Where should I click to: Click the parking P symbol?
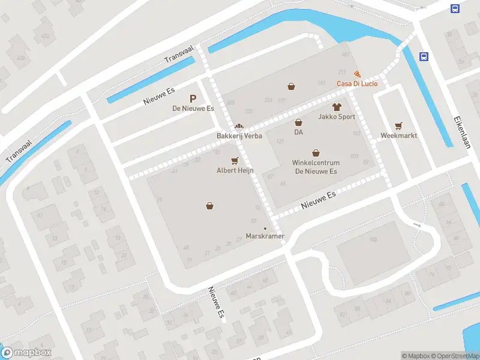coord(193,98)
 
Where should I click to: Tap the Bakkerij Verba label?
coord(239,136)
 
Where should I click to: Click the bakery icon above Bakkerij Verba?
coord(239,127)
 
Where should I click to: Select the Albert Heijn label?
coord(235,170)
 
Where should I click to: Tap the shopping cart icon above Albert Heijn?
coord(235,160)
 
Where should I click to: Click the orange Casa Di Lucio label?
coord(357,83)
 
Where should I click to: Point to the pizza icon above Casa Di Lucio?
coord(358,74)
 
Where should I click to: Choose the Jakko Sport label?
coord(337,117)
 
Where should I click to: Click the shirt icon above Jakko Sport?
coord(336,107)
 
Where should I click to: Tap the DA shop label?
coord(298,132)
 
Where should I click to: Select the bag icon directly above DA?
coord(298,122)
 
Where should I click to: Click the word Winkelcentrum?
coord(316,163)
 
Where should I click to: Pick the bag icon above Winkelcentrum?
coord(316,153)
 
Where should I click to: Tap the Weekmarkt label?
coord(398,136)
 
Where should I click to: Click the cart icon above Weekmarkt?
coord(398,125)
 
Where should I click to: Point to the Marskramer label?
coord(265,236)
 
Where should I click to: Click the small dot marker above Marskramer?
coord(265,228)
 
